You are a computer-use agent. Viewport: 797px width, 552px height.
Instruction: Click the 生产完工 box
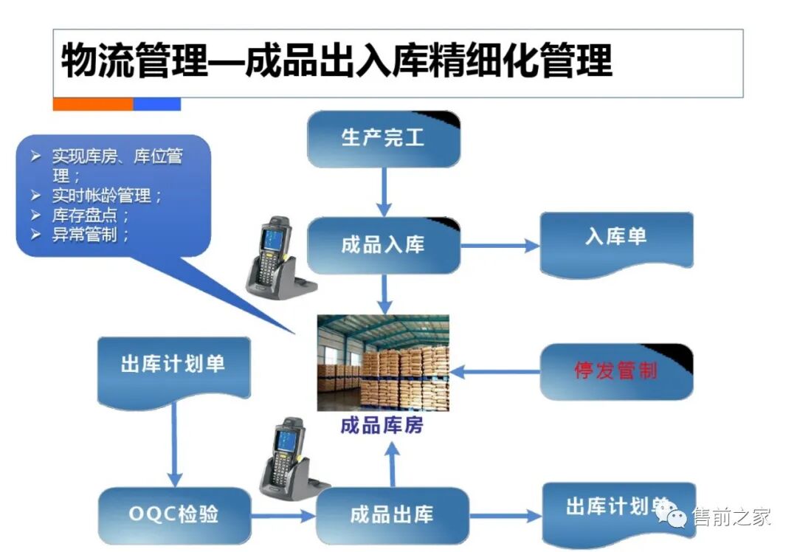coord(383,138)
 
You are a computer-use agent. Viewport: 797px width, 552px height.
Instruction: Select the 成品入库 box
coord(383,245)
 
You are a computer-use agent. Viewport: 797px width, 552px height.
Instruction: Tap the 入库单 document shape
coord(616,238)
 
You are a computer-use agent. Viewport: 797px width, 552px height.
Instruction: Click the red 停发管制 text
coord(615,370)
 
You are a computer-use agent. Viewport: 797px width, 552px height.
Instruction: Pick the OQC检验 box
coord(174,514)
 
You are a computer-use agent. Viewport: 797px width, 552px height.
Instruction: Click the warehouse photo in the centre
coord(383,362)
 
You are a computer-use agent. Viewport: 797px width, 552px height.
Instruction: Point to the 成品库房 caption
coord(382,426)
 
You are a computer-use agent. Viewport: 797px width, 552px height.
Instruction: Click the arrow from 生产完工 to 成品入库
coord(383,191)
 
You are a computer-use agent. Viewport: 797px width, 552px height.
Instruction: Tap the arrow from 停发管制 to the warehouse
coord(494,371)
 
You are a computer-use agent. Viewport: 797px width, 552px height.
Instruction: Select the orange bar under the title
coord(93,105)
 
